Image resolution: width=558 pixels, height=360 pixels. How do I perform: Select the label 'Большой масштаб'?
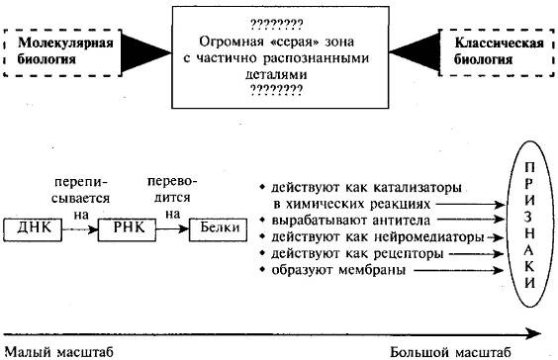450,351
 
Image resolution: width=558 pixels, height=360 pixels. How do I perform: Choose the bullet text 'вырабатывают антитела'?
337,220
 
